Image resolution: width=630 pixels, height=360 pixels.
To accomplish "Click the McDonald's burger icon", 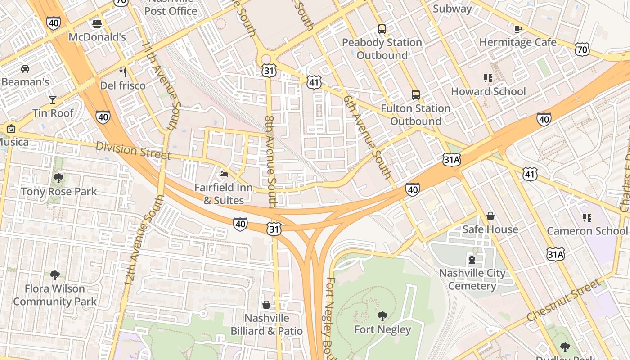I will pos(97,23).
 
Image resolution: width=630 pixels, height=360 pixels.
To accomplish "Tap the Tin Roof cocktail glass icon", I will pos(53,99).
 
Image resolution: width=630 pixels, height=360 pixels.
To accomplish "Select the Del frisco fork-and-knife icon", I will pos(123,72).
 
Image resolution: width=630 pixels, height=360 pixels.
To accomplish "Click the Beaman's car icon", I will pos(25,69).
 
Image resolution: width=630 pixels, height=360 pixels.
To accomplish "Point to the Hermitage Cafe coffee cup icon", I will pos(518,29).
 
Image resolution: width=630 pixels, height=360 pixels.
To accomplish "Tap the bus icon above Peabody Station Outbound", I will pos(382,29).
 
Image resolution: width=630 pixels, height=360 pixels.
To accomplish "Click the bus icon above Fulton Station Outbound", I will pos(416,95).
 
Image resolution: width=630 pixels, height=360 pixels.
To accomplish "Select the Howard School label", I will pos(488,91).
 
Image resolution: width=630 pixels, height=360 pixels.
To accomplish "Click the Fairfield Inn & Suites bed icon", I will pos(224,174).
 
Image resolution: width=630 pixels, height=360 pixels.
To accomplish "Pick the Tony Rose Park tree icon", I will pos(58,178).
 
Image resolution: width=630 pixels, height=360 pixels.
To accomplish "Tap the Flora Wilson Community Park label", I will pos(55,295).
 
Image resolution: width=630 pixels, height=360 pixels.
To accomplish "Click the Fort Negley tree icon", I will pos(382,316).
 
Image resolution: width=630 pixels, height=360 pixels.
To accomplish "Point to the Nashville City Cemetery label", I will pos(472,279).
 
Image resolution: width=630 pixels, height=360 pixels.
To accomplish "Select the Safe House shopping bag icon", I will pos(490,216).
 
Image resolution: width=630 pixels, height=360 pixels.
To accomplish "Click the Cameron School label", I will pos(587,231).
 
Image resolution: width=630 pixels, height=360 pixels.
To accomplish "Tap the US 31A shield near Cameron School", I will pos(555,254).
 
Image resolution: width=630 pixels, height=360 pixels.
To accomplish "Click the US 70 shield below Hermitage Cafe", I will pos(582,49).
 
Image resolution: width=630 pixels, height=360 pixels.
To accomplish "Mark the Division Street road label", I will pos(133,151).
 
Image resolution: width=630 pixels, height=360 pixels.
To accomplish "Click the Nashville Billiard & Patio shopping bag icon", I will pos(266,305).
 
